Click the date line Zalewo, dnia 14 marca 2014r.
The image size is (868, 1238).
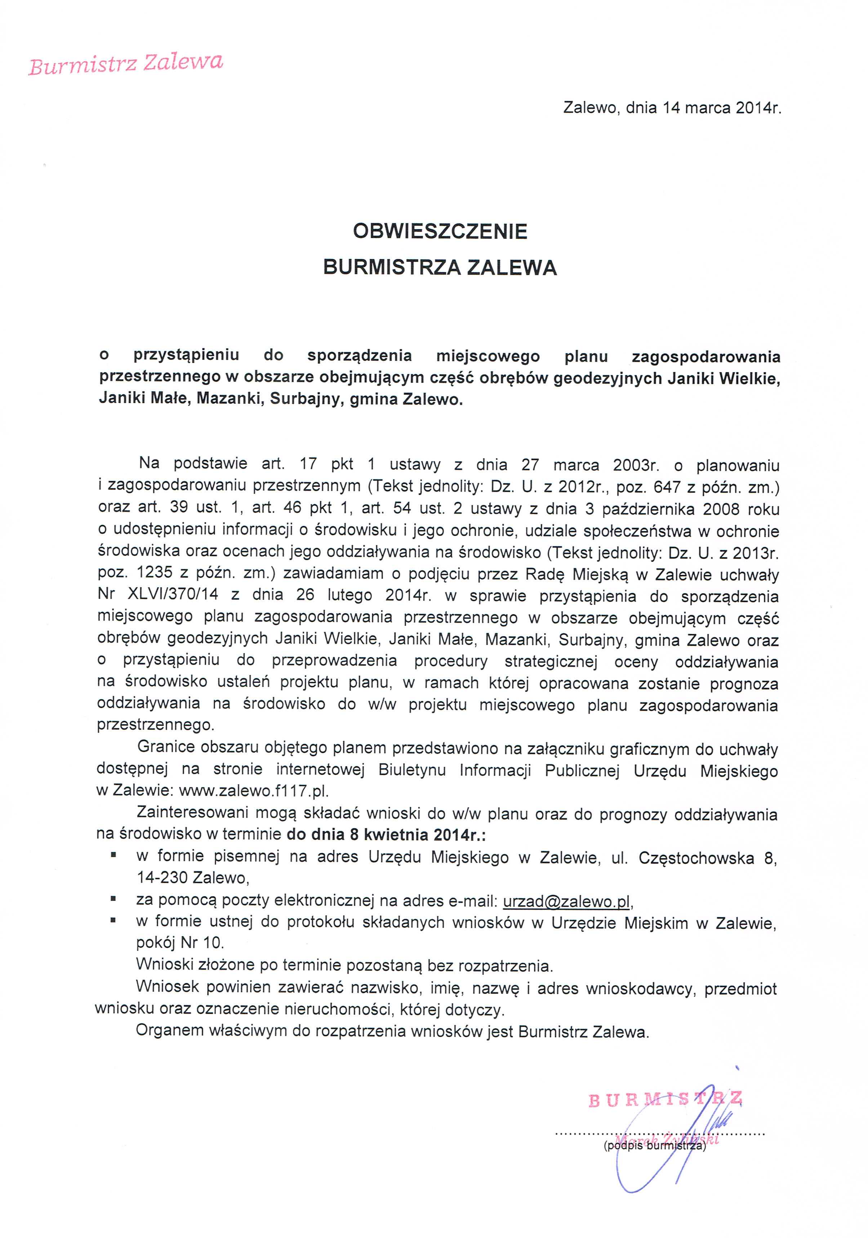[672, 108]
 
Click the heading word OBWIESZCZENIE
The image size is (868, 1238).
[440, 231]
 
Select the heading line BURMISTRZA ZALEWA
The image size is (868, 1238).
[440, 267]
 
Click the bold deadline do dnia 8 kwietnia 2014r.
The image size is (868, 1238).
[386, 835]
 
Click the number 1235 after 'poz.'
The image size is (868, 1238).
[154, 573]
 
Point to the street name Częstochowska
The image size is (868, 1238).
[696, 857]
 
